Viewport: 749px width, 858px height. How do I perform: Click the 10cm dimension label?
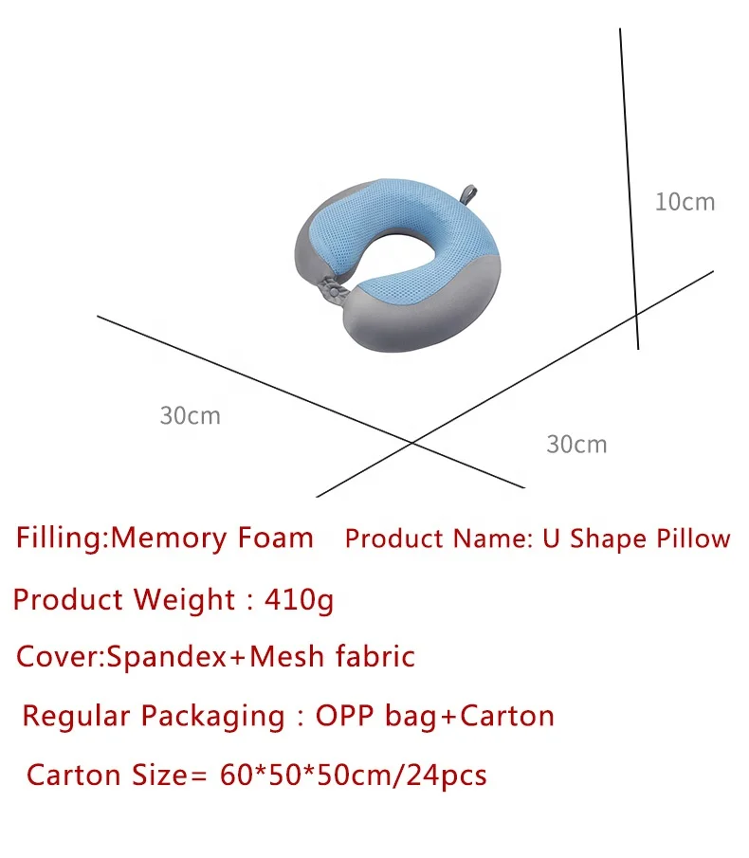coord(685,202)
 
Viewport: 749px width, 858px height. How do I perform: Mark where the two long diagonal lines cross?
coord(411,442)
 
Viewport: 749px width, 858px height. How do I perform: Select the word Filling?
coord(59,539)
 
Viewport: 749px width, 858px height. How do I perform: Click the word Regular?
coord(76,716)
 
